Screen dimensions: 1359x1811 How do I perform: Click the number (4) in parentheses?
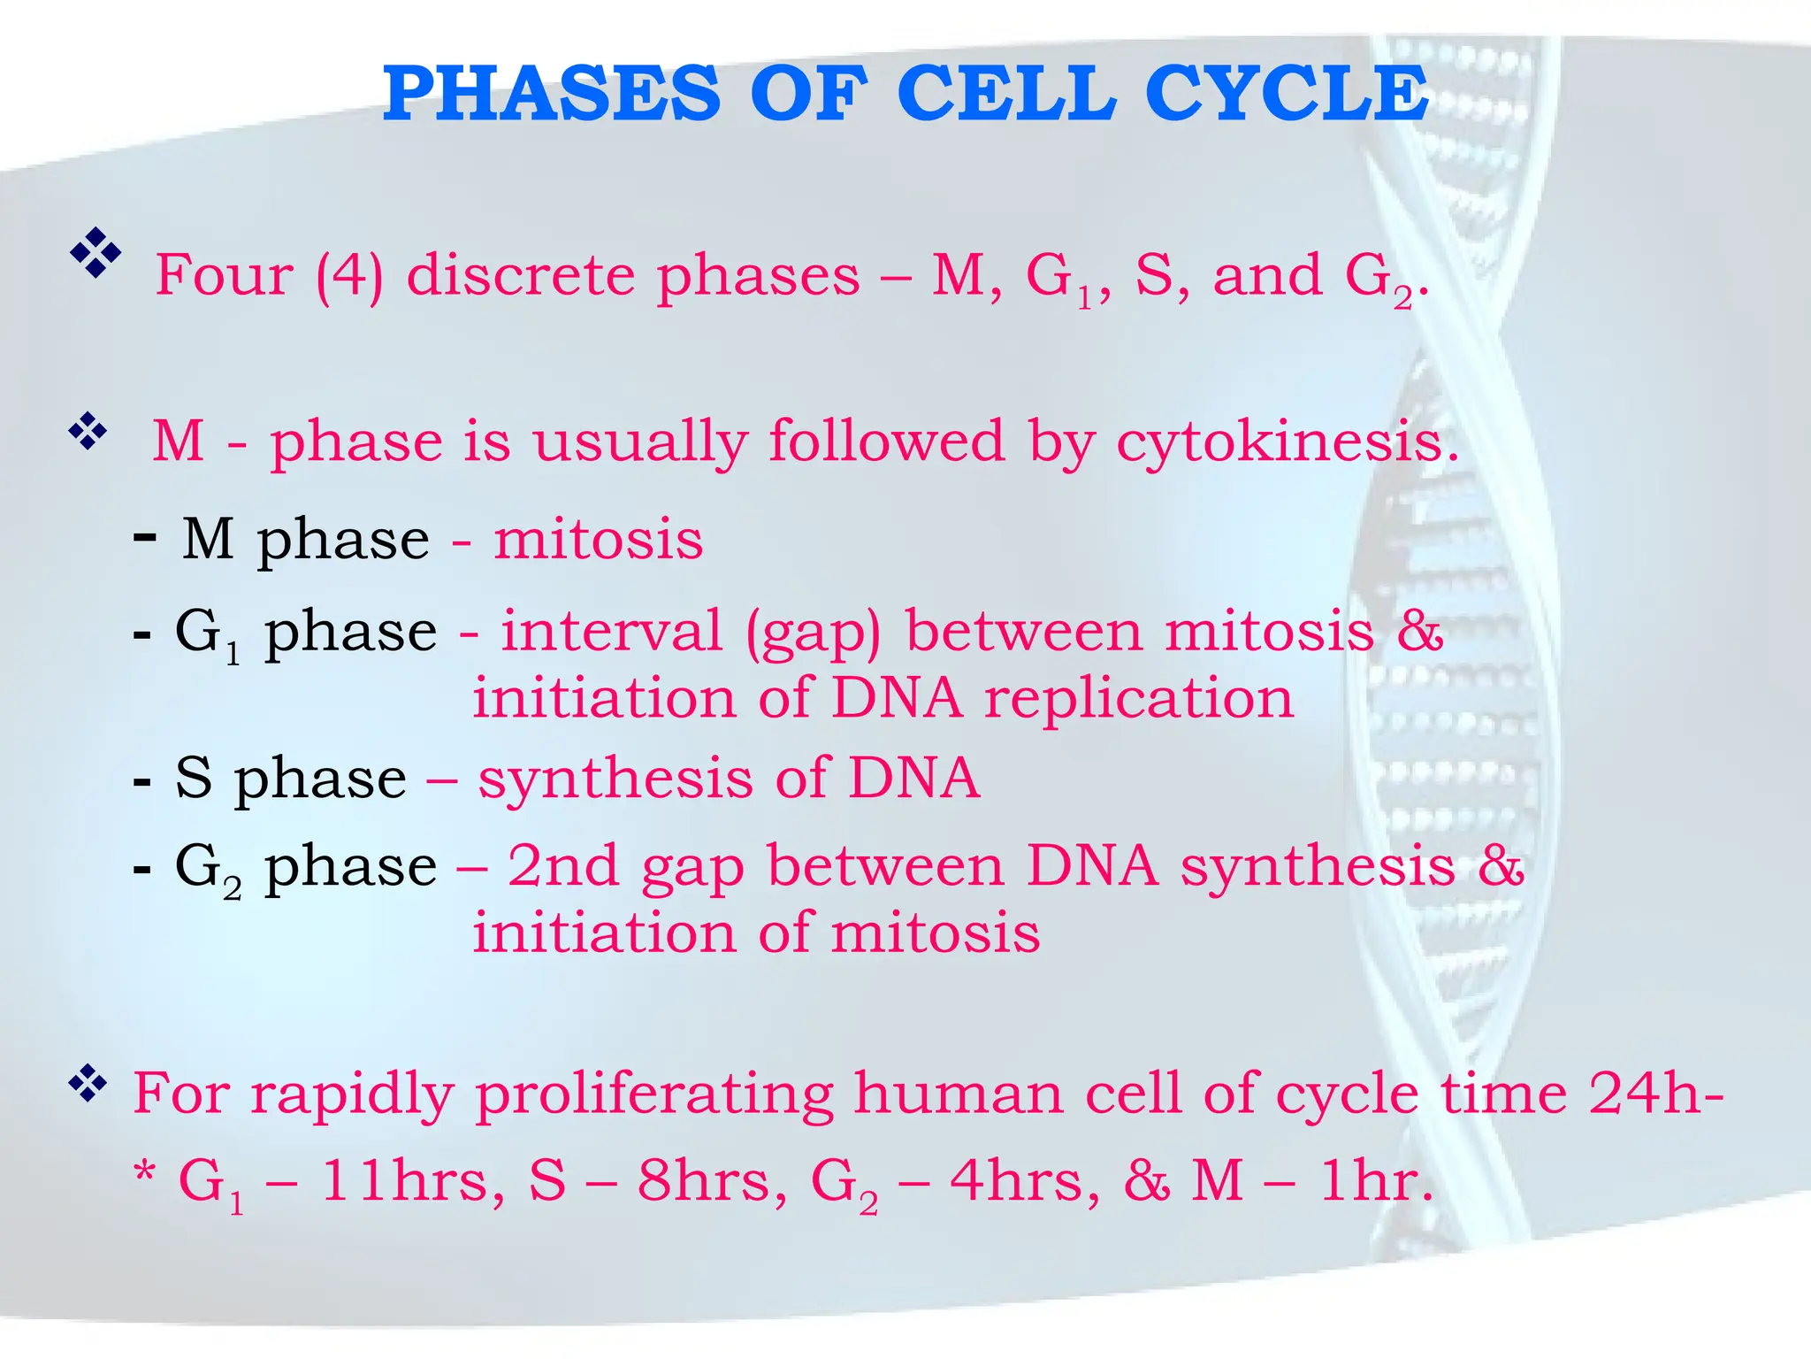click(x=350, y=276)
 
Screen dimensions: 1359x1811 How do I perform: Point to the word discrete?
click(x=520, y=275)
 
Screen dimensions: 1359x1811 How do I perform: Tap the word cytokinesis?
click(x=1287, y=441)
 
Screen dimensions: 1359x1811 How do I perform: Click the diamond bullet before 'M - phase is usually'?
click(x=88, y=433)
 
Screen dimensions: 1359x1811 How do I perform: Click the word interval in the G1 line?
click(x=611, y=632)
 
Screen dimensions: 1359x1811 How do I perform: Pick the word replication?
click(x=1139, y=699)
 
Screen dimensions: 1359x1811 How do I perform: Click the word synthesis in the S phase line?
click(x=615, y=779)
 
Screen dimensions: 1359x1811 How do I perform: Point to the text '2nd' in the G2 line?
click(x=563, y=865)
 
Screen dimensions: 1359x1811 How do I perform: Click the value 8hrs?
click(x=711, y=1181)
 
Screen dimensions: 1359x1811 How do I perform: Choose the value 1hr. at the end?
click(x=1375, y=1181)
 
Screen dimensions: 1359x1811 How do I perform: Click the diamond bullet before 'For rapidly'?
click(x=88, y=1084)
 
